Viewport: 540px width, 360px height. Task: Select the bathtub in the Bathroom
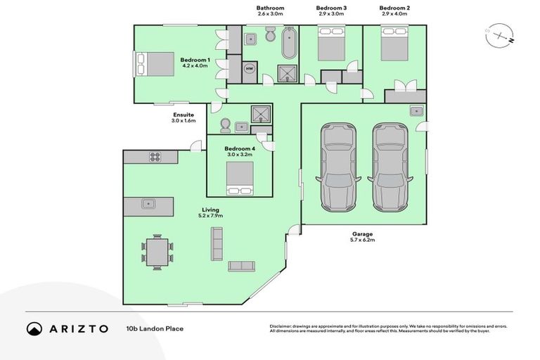pyautogui.click(x=288, y=44)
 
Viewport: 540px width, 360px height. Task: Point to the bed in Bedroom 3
pyautogui.click(x=331, y=44)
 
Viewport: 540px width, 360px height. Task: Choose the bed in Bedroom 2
pyautogui.click(x=394, y=44)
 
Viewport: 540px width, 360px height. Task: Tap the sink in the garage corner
pyautogui.click(x=416, y=110)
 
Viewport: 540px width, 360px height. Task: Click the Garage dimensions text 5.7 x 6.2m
pyautogui.click(x=364, y=240)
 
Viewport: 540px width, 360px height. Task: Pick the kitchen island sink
pyautogui.click(x=149, y=205)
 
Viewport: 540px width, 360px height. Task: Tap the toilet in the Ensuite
pyautogui.click(x=226, y=125)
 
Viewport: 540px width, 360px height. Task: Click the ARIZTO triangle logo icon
pyautogui.click(x=34, y=328)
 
